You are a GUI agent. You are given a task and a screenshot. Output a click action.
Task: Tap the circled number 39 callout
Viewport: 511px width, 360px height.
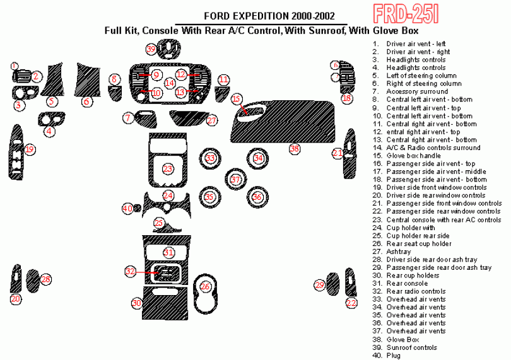[x=151, y=49]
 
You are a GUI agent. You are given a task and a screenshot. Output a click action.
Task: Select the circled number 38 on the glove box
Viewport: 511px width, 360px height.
[x=294, y=149]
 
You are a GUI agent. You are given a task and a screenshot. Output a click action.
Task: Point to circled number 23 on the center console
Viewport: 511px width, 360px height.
[x=168, y=169]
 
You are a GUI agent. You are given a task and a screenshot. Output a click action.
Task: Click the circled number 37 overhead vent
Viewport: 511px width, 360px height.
[x=235, y=180]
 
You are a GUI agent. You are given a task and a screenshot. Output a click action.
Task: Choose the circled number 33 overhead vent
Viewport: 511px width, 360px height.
[x=210, y=158]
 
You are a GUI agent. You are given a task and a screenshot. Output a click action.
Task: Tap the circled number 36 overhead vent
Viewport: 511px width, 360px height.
[x=257, y=197]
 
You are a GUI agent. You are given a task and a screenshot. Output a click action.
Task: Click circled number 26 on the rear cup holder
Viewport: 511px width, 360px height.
[x=205, y=287]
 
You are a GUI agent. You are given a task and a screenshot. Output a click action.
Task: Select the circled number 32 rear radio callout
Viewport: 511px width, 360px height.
[x=131, y=272]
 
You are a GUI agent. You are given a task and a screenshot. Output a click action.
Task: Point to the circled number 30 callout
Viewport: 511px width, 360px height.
[x=136, y=303]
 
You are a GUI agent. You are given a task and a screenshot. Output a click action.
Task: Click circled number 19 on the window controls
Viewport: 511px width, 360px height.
[x=30, y=149]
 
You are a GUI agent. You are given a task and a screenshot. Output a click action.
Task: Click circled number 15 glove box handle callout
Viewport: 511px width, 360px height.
[x=236, y=99]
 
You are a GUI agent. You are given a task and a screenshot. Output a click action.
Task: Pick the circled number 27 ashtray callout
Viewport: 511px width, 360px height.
[x=212, y=120]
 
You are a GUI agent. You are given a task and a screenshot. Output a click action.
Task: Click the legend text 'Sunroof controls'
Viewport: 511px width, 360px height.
[x=412, y=347]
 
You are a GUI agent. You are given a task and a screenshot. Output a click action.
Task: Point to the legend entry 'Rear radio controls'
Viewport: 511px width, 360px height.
[x=416, y=291]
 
